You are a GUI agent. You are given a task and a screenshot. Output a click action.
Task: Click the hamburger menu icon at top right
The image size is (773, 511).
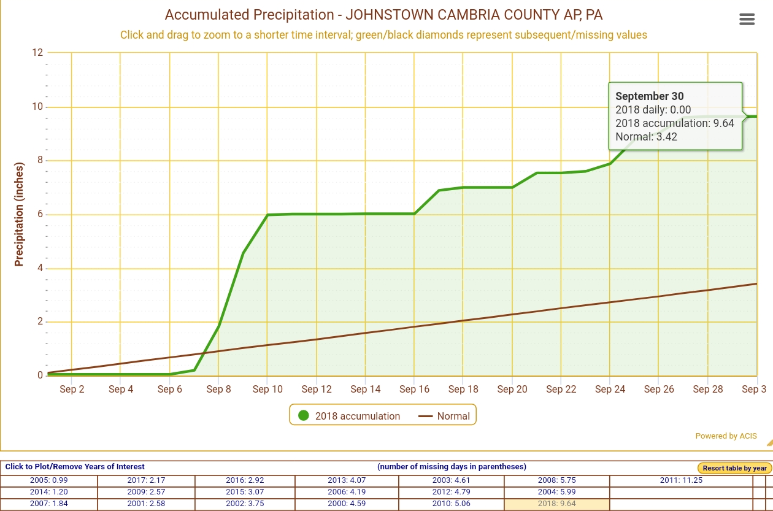tap(747, 20)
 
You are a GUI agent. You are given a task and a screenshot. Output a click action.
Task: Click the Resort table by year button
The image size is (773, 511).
tap(734, 468)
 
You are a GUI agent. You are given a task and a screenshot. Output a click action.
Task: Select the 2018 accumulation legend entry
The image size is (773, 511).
tap(349, 416)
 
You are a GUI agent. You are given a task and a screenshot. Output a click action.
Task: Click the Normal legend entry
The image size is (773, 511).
tap(444, 416)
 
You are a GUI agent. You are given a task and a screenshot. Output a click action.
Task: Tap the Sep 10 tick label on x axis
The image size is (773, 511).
tap(268, 389)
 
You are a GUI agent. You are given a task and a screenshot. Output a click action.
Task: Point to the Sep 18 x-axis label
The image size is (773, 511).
tap(463, 389)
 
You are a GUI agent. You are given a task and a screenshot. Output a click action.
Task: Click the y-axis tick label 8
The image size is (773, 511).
tap(39, 161)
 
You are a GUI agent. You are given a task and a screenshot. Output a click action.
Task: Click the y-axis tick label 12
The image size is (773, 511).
tap(37, 53)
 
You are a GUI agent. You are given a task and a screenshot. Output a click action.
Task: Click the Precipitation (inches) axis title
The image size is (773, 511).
tap(19, 214)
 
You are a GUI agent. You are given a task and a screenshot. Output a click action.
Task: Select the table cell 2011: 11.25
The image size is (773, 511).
tap(681, 480)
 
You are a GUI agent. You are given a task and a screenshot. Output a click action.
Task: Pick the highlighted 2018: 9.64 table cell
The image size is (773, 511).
tap(556, 504)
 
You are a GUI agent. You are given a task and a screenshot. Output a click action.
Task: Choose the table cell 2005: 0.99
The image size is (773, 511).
tap(48, 480)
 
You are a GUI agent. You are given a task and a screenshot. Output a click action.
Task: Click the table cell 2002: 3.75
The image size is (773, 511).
tap(245, 504)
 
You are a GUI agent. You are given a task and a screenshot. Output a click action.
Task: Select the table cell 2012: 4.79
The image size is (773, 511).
tap(451, 492)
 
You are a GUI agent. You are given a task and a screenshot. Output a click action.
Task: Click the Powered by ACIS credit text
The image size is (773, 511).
tap(726, 436)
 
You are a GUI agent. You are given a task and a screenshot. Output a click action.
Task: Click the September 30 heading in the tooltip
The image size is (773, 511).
tap(649, 96)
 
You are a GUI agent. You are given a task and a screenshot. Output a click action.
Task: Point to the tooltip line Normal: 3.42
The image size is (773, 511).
tap(646, 137)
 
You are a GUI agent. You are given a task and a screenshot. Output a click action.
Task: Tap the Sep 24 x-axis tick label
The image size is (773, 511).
tap(610, 389)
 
